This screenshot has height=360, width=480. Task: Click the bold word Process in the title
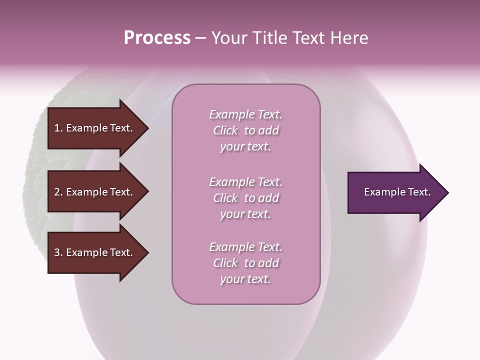[x=157, y=38]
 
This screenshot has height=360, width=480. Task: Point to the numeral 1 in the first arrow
[x=57, y=128]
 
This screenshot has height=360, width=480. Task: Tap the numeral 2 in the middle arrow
[x=57, y=192]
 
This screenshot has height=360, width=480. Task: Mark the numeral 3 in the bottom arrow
[x=57, y=252]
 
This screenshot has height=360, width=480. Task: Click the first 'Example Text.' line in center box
[x=245, y=114]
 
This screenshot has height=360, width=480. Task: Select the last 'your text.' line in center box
[x=245, y=279]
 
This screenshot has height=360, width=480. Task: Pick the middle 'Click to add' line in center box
[x=245, y=198]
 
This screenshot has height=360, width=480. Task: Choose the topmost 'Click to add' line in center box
[x=245, y=130]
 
